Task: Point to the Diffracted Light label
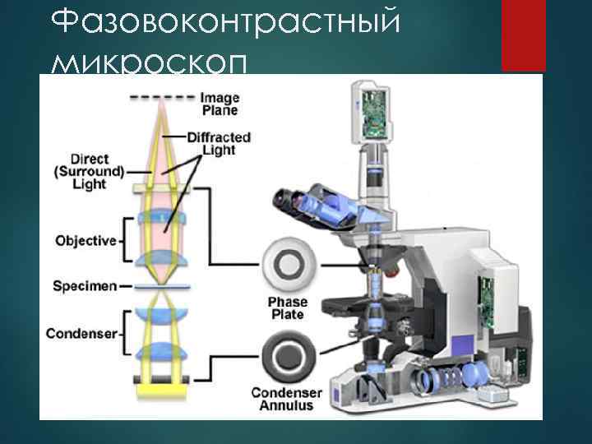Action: pos(218,143)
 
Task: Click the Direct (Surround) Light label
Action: pos(89,170)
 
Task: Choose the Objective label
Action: pos(86,241)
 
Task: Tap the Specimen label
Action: pos(84,287)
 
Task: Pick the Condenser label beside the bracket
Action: pos(83,333)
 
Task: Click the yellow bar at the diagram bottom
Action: pos(161,382)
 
